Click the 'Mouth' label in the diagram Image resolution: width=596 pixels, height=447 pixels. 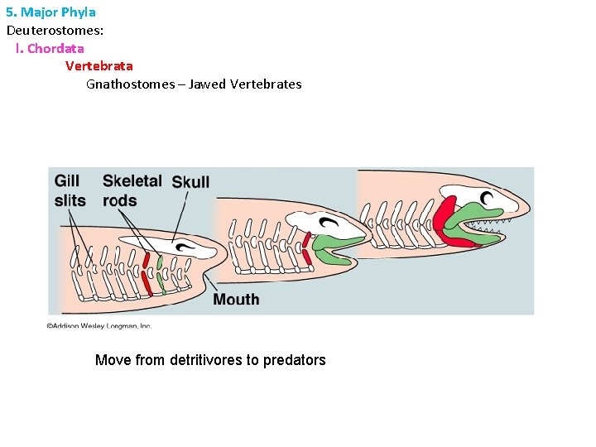[236, 299]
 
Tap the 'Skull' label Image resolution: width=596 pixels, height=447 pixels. [190, 182]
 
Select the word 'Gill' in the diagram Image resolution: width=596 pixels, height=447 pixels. [67, 181]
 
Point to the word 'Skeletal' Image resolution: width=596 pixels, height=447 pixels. [132, 181]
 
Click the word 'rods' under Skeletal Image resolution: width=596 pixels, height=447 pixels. [120, 200]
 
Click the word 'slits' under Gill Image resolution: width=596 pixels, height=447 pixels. [70, 200]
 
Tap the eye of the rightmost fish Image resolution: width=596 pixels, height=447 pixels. [488, 199]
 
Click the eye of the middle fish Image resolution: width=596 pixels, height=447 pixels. [330, 222]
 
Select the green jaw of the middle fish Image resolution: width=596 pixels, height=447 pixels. [335, 246]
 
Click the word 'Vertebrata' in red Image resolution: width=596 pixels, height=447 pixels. [99, 65]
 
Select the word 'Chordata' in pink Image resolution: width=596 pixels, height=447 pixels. [55, 48]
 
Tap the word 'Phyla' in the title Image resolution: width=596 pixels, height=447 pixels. [79, 12]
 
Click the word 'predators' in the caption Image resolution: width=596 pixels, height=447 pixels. [294, 360]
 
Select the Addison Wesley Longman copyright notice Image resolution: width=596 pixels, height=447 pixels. [99, 325]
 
